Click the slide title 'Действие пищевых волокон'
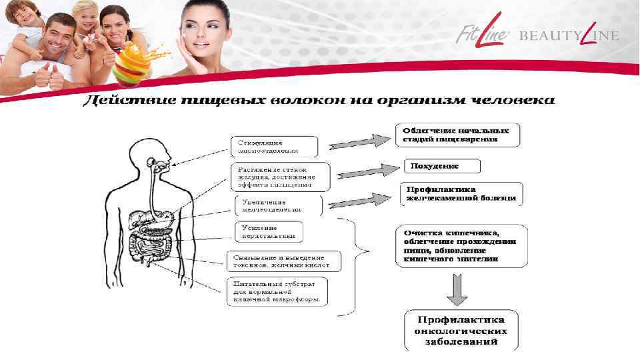pos(319,101)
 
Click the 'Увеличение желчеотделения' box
pos(278,205)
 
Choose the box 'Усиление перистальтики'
pos(269,231)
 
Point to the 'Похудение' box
pos(441,165)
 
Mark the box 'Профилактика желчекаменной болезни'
pos(462,193)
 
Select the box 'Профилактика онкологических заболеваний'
pos(461,330)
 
